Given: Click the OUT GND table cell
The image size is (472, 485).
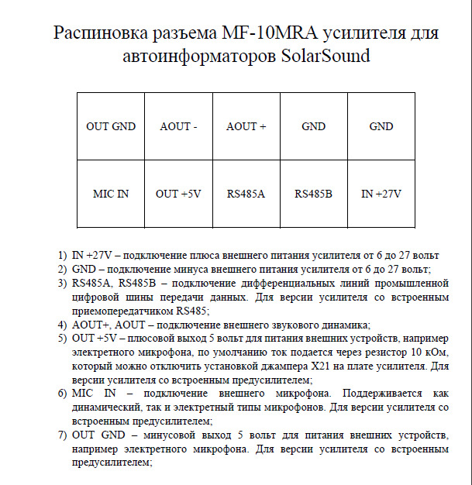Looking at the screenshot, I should point(110,126).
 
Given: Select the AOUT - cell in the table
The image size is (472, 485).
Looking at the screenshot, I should point(178,126).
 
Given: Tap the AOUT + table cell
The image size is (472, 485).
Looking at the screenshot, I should point(246,126).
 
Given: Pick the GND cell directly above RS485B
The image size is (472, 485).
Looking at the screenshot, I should point(314,126).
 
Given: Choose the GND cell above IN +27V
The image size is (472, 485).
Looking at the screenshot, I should point(381,126).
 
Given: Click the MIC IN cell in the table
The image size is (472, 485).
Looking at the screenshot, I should point(110,194).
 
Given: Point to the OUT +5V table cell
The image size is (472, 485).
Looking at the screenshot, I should point(178,194).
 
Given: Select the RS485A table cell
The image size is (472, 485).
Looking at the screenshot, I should point(246,194).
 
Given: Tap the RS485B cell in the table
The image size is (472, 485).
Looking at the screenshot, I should point(314,194).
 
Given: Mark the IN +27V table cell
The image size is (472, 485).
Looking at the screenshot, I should point(381,194).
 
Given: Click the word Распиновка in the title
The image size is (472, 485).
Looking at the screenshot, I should point(98,35).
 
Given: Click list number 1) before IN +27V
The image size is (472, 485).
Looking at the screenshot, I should point(62,256).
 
